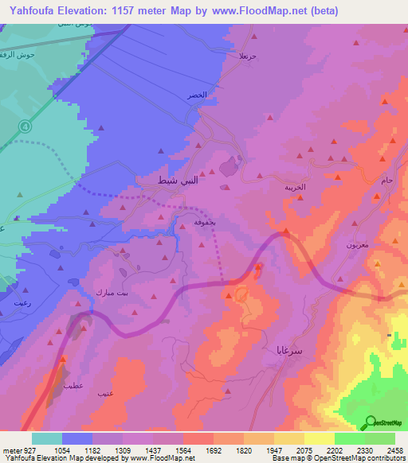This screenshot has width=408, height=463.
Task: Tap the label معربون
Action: (x=357, y=246)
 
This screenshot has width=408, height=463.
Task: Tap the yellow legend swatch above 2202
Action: (x=320, y=438)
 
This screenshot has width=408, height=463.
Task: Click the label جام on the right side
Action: (x=388, y=182)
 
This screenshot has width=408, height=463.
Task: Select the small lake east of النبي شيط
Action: (x=229, y=167)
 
